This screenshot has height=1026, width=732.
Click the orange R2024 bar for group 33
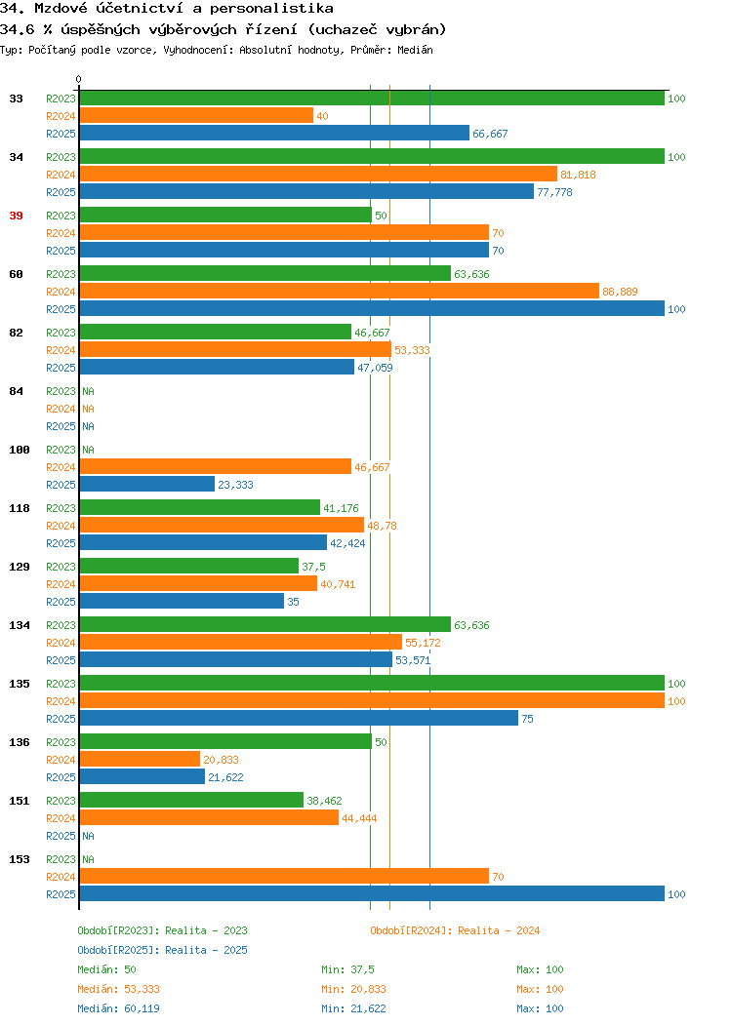196,116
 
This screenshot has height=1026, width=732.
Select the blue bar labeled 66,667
274,134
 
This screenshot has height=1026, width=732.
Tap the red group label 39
16,216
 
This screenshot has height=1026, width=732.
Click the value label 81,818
578,175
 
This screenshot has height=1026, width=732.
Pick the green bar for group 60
265,273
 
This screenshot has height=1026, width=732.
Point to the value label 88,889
620,292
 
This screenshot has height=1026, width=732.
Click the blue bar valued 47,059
217,367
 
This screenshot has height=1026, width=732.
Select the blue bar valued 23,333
147,484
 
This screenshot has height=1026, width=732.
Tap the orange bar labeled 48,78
222,525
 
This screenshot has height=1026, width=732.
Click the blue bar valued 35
182,601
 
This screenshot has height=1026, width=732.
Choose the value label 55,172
423,644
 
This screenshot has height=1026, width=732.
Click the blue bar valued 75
299,718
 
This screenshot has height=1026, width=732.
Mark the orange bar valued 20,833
141,759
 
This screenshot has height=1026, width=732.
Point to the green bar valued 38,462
192,800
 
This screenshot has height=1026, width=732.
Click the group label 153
19,859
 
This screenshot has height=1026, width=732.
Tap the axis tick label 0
79,79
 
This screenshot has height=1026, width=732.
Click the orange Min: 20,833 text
353,989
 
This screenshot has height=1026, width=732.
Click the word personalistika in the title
271,9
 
